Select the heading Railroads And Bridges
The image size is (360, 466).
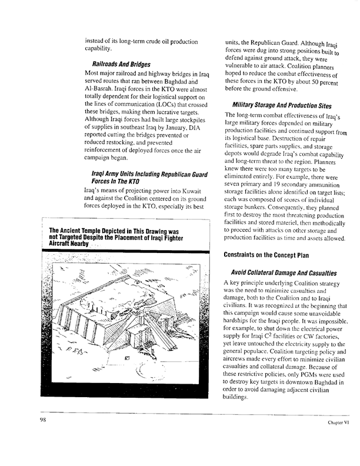pos(121,64)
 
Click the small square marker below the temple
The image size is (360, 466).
pos(127,357)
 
